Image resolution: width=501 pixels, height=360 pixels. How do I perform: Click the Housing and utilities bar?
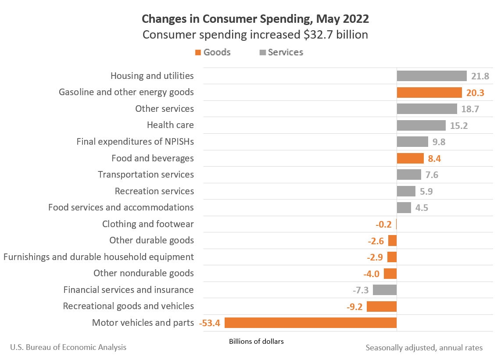[x=432, y=76]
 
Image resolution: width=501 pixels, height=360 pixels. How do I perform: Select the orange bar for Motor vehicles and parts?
[x=311, y=323]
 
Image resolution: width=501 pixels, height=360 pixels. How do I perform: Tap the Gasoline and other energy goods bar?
[x=429, y=93]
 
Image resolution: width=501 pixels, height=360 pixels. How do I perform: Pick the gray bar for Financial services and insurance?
[x=385, y=290]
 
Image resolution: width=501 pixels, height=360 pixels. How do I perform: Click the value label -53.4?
[x=209, y=323]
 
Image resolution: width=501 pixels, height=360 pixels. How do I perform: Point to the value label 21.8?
[x=480, y=76]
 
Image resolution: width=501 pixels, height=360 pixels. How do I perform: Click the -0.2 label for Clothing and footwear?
[x=383, y=224]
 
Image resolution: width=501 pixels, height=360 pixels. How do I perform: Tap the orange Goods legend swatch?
[x=198, y=52]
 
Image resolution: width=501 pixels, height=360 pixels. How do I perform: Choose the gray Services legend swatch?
[x=263, y=52]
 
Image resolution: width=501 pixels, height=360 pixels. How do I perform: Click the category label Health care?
[x=170, y=125]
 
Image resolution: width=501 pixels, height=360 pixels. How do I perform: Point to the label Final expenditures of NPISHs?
[x=135, y=142]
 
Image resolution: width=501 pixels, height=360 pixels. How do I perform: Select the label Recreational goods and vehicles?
[x=128, y=306]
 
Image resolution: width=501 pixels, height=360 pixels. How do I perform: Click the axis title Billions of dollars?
[x=256, y=342]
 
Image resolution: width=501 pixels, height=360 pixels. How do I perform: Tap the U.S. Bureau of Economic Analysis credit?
[x=68, y=347]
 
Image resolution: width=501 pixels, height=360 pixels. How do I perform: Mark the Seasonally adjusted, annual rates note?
[x=424, y=348]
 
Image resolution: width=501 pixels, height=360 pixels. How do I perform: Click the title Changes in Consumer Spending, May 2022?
[x=255, y=19]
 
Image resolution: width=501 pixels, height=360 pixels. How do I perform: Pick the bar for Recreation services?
[x=406, y=191]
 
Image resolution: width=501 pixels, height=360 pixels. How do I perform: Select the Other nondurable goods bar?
[x=390, y=274]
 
